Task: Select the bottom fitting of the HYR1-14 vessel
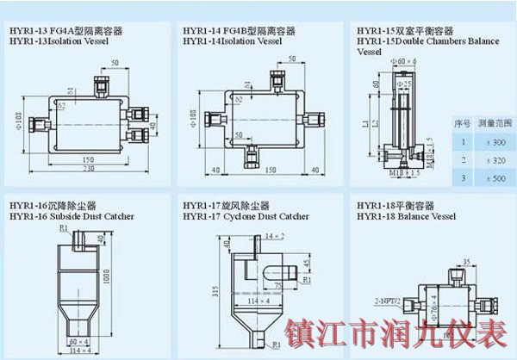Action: pyautogui.click(x=252, y=152)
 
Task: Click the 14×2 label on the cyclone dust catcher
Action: pyautogui.click(x=273, y=235)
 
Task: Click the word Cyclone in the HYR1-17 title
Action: pyautogui.click(x=232, y=217)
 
